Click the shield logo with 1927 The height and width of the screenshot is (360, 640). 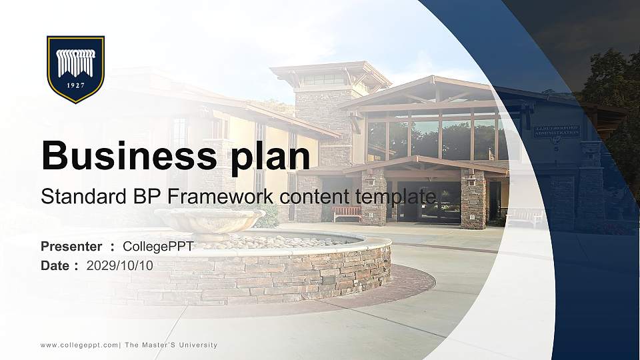pos(75,69)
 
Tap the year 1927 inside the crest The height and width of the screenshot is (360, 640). pos(75,85)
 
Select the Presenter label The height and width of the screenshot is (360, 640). pos(71,247)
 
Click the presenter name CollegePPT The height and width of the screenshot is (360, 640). pos(158,247)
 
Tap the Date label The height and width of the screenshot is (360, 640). pos(55,265)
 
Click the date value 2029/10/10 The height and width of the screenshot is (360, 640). pos(120,265)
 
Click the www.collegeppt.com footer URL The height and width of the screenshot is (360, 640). pos(79,345)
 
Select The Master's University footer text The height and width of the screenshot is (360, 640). pos(171,345)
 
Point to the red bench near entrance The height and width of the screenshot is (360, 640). pos(347,213)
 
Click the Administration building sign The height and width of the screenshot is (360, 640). pos(556,131)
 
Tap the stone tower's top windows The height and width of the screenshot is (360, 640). pos(323,79)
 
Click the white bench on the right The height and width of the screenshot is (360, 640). pos(524,217)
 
